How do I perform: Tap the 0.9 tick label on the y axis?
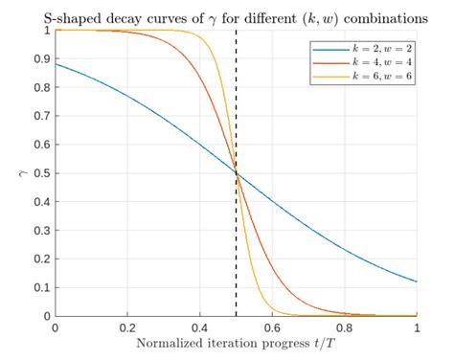tap(40, 58)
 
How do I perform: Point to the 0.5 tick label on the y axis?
tap(40, 173)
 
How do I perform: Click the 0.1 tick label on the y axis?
tap(40, 287)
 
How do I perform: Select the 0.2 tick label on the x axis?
tap(127, 328)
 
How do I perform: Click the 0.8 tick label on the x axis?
tap(345, 328)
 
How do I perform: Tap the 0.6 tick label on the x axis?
tap(272, 328)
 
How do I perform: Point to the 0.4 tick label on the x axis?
tap(199, 328)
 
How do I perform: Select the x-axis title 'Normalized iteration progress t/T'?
tap(236, 344)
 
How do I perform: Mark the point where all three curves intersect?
tap(237, 173)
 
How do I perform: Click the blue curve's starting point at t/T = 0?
tap(56, 64)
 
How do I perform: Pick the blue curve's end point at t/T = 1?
tap(417, 281)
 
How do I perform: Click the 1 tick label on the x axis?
tap(417, 328)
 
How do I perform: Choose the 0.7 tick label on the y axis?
tap(40, 116)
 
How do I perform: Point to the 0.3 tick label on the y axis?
tap(40, 230)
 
